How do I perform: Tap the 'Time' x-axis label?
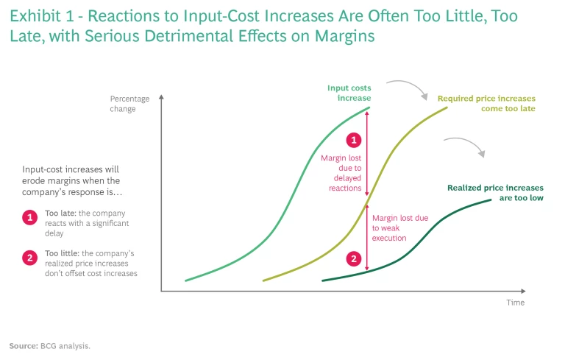coord(515,303)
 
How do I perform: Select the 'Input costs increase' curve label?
coord(349,93)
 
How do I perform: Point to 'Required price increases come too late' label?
coord(486,103)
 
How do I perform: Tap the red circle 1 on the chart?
coord(354,140)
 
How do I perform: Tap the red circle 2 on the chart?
coord(354,258)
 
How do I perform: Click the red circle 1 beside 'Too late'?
coord(30,217)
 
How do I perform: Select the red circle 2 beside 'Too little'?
coord(30,258)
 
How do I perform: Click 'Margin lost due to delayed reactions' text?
coord(341,173)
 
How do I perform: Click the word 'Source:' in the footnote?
coord(23,345)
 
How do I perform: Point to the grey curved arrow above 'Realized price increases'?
coord(465,144)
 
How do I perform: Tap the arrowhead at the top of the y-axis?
coord(162,96)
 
